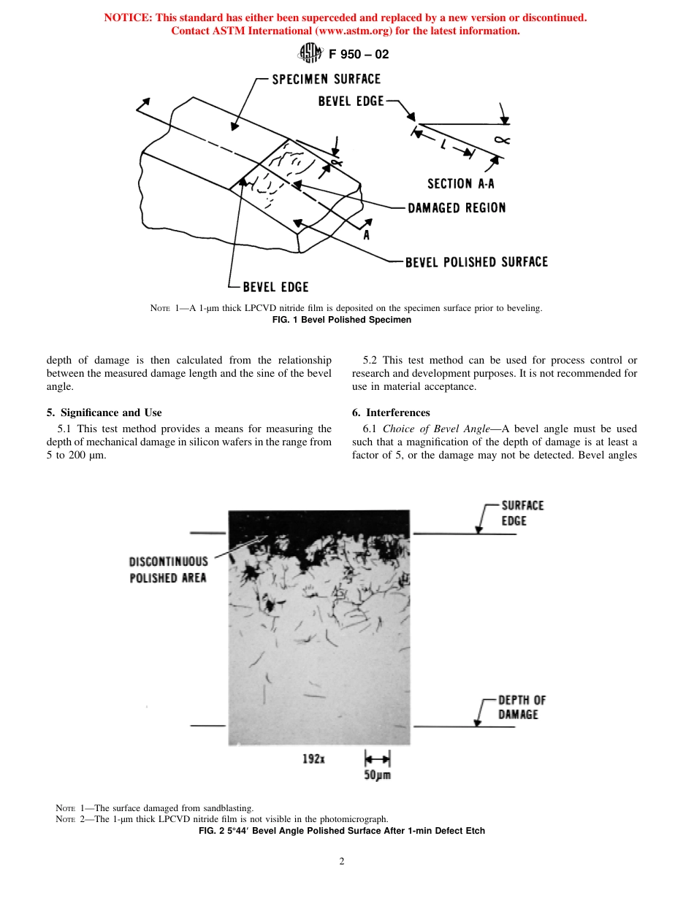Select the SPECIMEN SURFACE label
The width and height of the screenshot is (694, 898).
[x=326, y=79]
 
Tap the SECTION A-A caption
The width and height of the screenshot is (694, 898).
[x=460, y=184]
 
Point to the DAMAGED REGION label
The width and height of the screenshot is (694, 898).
[x=456, y=208]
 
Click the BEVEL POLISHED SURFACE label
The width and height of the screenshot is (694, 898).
[x=476, y=262]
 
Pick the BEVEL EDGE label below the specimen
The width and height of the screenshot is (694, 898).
[x=275, y=287]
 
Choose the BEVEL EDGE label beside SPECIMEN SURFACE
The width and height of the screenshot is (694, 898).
[x=351, y=101]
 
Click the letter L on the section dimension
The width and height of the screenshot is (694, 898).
[x=443, y=145]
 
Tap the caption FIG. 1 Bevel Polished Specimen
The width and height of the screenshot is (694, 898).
[x=346, y=320]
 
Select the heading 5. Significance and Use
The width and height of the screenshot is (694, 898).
[x=104, y=412]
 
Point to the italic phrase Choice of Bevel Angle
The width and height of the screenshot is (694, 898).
[x=436, y=429]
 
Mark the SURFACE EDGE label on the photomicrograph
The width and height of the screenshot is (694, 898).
[x=522, y=513]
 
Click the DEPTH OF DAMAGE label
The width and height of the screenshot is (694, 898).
[x=522, y=707]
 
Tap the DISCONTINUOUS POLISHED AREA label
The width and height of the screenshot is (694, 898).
[x=169, y=569]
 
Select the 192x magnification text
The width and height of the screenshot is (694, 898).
[x=313, y=759]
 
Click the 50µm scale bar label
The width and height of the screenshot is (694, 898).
[x=377, y=775]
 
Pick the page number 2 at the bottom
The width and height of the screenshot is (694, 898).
[x=341, y=861]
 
